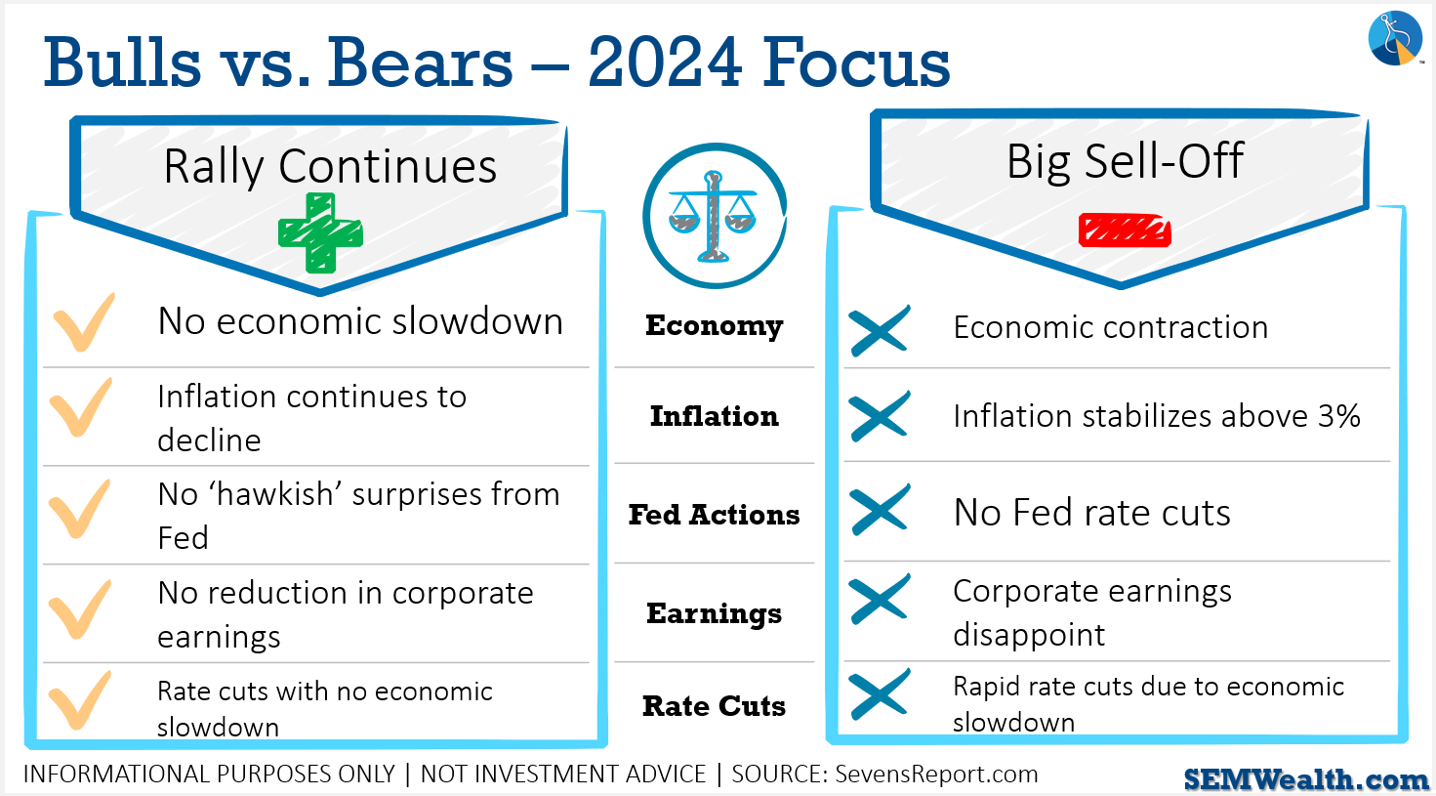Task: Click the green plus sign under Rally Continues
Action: click(320, 233)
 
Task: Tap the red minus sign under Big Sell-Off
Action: click(1125, 230)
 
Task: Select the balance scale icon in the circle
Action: click(713, 216)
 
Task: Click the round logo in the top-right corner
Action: click(1395, 38)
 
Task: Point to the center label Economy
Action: click(715, 326)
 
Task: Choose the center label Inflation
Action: click(715, 416)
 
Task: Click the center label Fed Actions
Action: click(715, 515)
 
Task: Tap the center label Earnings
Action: click(715, 613)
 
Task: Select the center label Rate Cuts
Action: click(715, 706)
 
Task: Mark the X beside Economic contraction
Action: click(880, 330)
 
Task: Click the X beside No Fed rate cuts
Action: click(880, 509)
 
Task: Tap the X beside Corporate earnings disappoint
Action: click(880, 599)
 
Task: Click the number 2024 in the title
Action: click(666, 63)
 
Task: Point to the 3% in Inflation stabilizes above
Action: click(1338, 416)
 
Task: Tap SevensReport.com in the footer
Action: click(936, 775)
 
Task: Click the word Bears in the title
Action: click(420, 63)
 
